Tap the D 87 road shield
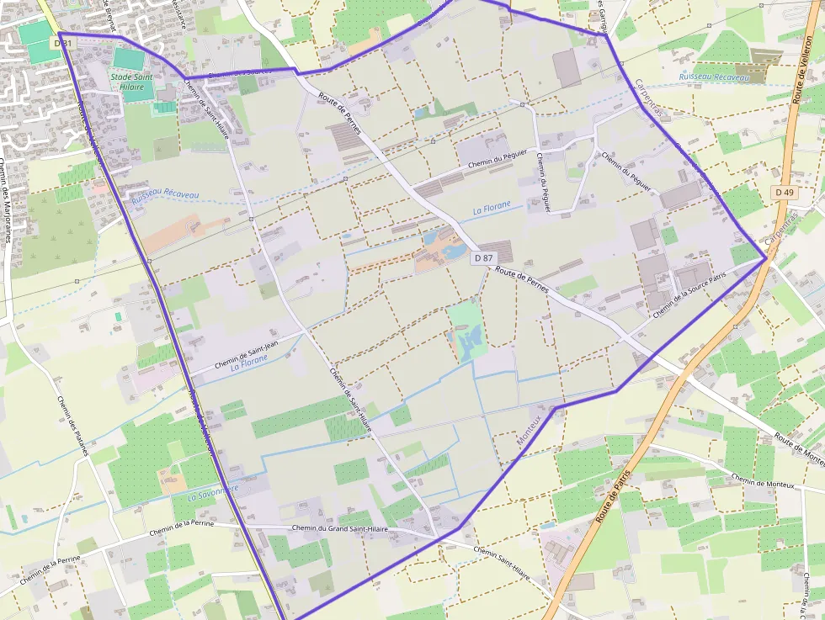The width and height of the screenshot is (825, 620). (x=483, y=258)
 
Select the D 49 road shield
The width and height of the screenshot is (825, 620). (x=784, y=193)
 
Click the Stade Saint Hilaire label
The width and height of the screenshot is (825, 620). (x=132, y=82)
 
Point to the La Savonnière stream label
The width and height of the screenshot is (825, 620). (x=213, y=492)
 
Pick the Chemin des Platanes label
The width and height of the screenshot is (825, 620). (x=72, y=426)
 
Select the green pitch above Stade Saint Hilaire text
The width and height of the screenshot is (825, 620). (x=128, y=59)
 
